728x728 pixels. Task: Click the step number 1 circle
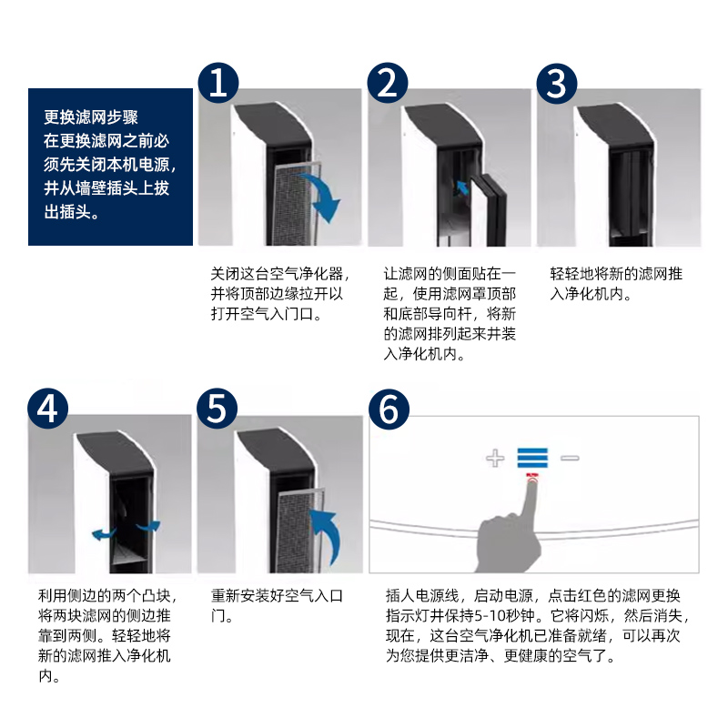tap(217, 83)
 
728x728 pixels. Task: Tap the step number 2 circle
tap(388, 83)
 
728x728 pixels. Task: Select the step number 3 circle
tap(556, 83)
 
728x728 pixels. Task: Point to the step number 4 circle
tap(47, 409)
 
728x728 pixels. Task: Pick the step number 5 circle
tap(217, 409)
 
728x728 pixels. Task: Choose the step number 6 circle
tap(388, 409)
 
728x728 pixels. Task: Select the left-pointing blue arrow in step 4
tap(101, 533)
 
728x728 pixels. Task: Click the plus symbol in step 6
tap(495, 458)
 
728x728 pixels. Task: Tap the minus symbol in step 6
tap(570, 458)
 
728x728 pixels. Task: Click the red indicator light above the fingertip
tap(531, 476)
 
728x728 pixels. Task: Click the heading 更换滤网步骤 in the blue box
tap(91, 117)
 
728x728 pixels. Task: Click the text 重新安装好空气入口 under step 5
tap(277, 596)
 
